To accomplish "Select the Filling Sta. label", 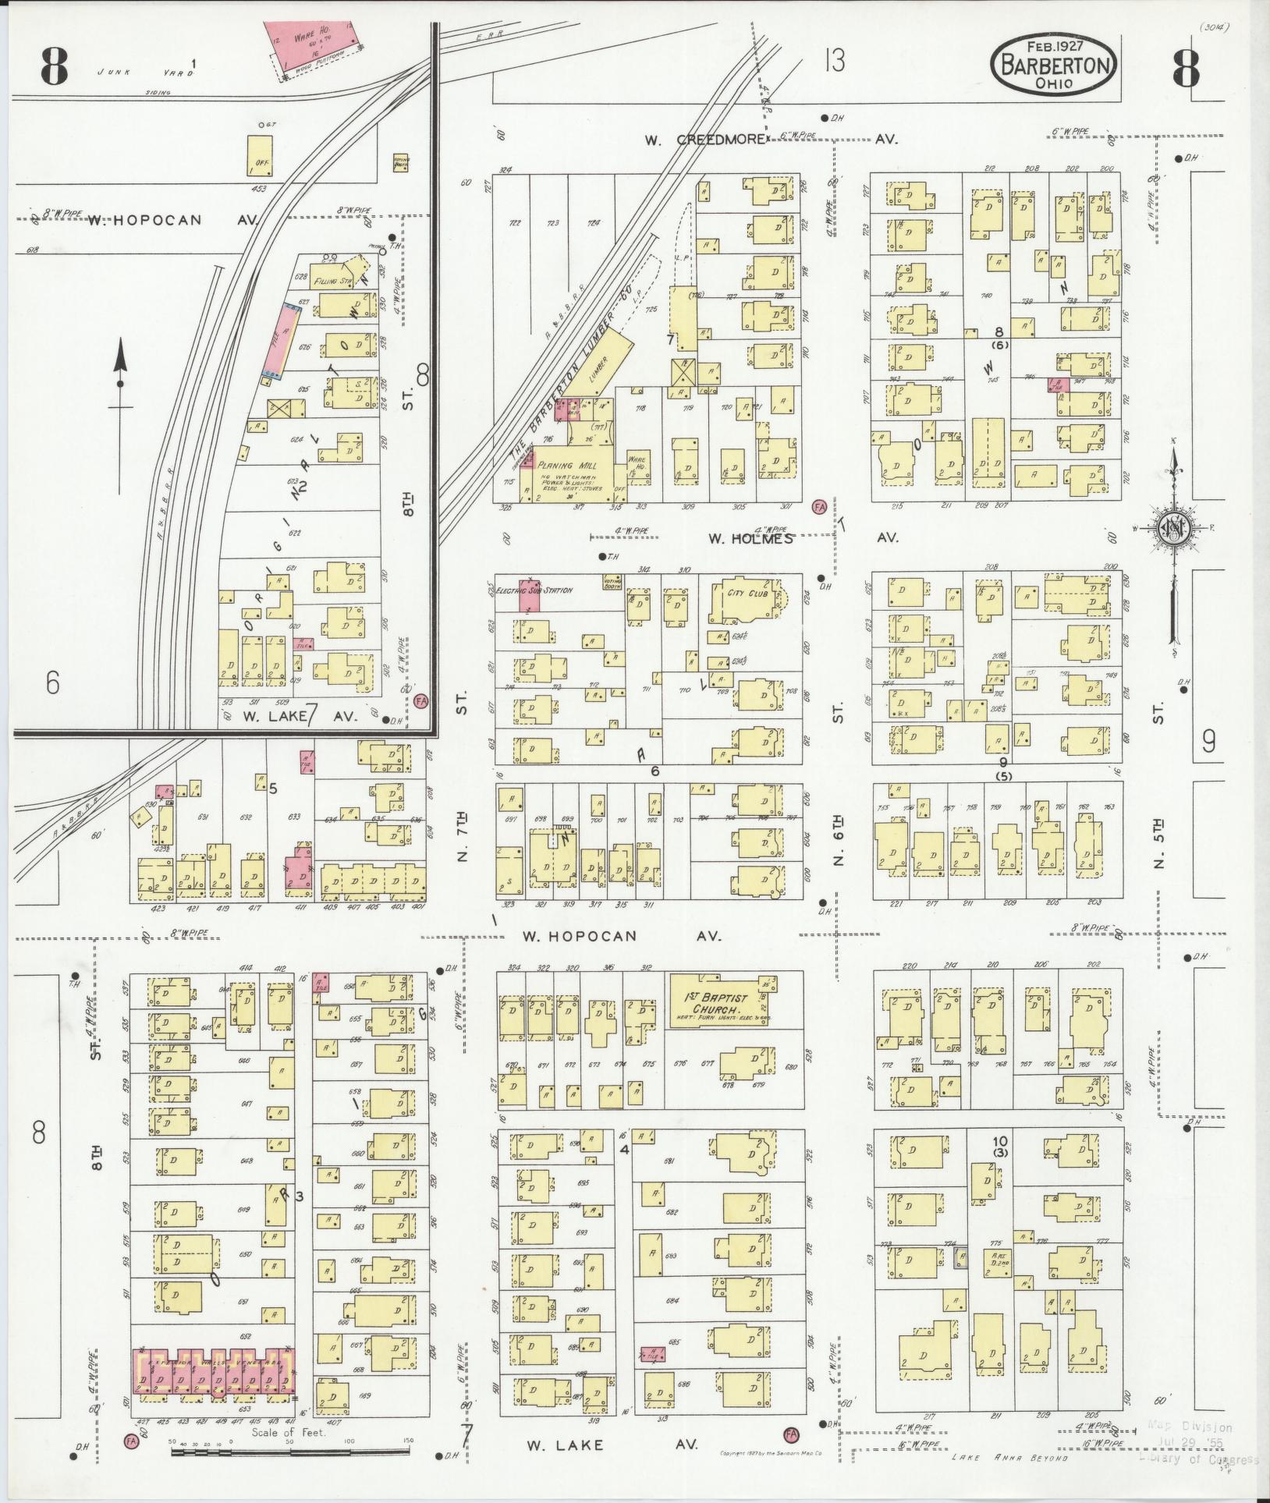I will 332,280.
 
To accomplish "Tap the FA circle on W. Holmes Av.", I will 818,506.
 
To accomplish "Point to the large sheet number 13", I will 834,60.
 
